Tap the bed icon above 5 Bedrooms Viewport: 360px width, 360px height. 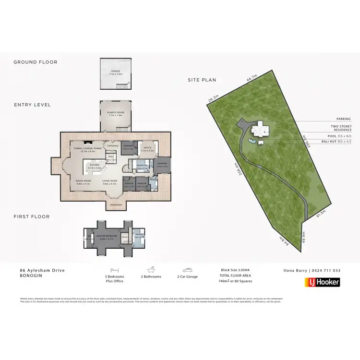(x=114, y=270)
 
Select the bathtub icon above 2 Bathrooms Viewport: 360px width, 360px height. (x=151, y=270)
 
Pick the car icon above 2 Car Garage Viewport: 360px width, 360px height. (x=187, y=270)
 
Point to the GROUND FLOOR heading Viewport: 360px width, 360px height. (x=35, y=62)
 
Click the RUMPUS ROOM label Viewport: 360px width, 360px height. (x=115, y=112)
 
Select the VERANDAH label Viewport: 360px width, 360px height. (x=116, y=205)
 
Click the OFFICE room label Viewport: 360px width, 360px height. (x=147, y=148)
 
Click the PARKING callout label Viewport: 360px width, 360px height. (x=343, y=119)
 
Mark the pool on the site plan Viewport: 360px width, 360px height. (x=252, y=141)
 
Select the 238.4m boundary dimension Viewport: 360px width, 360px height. (x=235, y=170)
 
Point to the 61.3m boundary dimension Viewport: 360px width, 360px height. (x=320, y=214)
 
